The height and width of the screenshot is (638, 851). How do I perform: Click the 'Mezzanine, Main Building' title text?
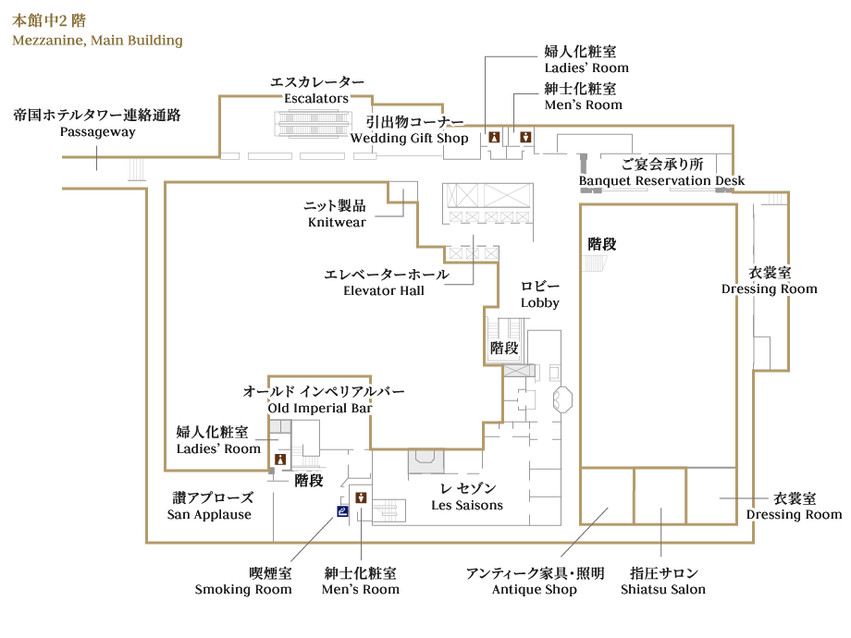97,41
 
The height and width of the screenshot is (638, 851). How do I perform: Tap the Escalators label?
316,98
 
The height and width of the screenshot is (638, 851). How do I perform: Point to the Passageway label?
97,131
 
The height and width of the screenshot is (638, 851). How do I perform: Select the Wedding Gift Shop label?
409,138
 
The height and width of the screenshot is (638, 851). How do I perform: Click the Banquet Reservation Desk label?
661,180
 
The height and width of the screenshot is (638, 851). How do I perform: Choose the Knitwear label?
337,222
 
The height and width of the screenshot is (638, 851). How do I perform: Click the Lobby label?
540,302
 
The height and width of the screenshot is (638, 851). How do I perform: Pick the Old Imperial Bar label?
320,408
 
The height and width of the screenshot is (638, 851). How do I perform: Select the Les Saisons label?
467,505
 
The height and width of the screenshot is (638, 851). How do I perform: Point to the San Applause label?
209,514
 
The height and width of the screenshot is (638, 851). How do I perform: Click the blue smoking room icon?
342,509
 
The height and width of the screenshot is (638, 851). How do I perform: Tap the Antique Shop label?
535,589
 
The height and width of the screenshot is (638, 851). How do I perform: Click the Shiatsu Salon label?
663,589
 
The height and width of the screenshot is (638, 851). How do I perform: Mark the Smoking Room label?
243,589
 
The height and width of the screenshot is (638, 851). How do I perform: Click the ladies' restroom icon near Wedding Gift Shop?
495,136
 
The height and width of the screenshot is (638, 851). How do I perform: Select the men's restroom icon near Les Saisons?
361,497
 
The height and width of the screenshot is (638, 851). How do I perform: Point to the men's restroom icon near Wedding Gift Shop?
525,136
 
